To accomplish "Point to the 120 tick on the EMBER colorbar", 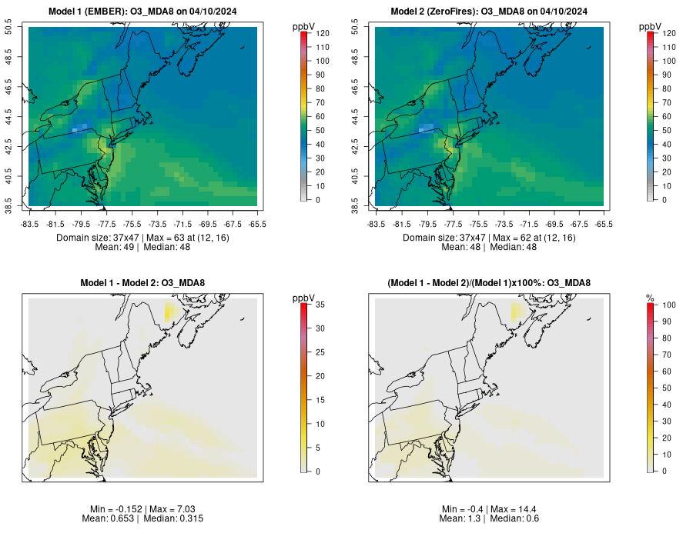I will [x=322, y=34].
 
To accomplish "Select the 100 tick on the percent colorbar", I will [x=668, y=305].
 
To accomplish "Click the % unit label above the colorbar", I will [x=650, y=298].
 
